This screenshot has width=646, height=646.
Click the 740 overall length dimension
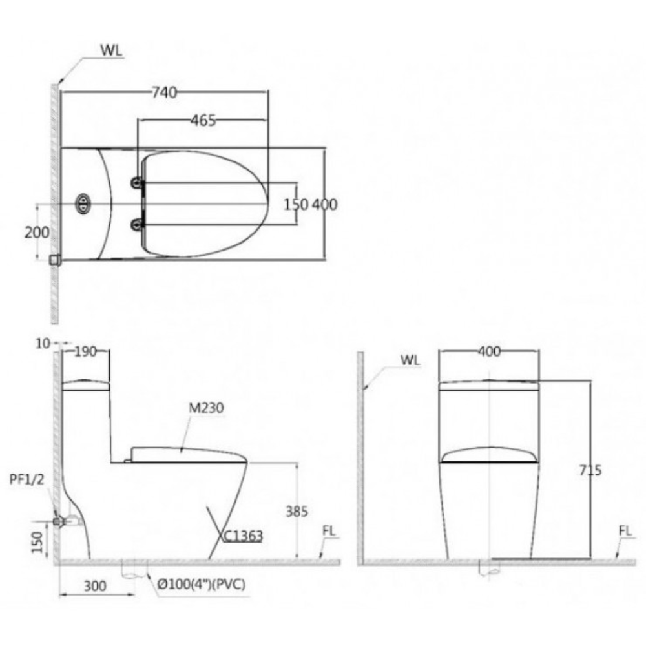coord(164,93)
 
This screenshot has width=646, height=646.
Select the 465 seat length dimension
coord(203,120)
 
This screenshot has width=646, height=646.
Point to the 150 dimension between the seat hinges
coord(296,204)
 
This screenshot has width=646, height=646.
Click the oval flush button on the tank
coord(83,203)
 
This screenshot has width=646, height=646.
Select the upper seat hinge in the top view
coord(136,183)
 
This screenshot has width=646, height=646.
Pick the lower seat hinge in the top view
coord(136,224)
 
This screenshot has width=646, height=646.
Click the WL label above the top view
coord(110,50)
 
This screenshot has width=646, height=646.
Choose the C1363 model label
coord(242,536)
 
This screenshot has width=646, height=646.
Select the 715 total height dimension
coord(589,470)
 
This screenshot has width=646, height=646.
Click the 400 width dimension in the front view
coord(488,352)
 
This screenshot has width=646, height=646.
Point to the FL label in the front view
coord(625,531)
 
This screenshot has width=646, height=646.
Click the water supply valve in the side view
coord(61,520)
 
